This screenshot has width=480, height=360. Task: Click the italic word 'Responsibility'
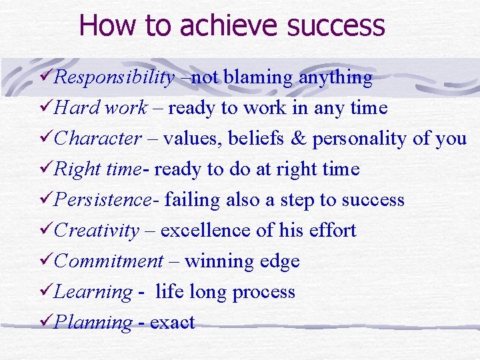pyautogui.click(x=114, y=78)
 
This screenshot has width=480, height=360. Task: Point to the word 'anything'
pyautogui.click(x=335, y=78)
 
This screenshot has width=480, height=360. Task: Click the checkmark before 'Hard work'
pyautogui.click(x=46, y=107)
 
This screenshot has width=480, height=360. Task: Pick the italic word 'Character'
pyautogui.click(x=98, y=139)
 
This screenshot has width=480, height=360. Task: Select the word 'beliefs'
pyautogui.click(x=252, y=139)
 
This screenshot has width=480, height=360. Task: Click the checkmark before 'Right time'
pyautogui.click(x=46, y=169)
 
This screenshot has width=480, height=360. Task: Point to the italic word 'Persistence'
pyautogui.click(x=103, y=200)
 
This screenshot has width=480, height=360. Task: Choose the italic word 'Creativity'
pyautogui.click(x=97, y=231)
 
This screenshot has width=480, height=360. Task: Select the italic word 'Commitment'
pyautogui.click(x=109, y=261)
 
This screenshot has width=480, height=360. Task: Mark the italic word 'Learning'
pyautogui.click(x=93, y=292)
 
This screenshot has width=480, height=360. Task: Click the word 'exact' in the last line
pyautogui.click(x=172, y=323)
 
